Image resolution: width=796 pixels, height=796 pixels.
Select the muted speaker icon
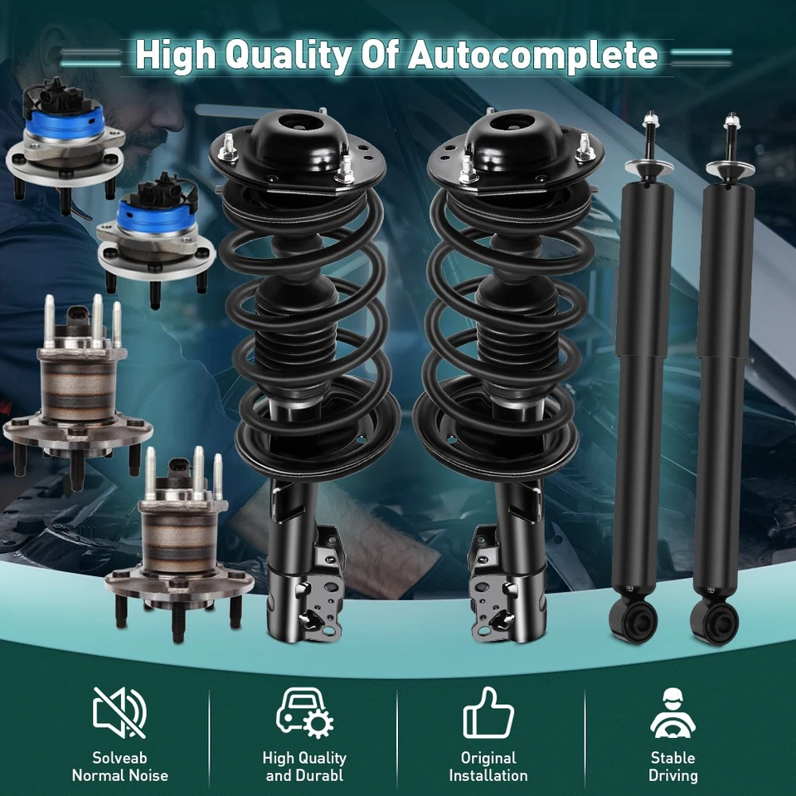(120, 712)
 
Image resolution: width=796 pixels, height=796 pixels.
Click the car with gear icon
(304, 712)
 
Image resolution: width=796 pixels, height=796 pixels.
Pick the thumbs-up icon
(488, 712)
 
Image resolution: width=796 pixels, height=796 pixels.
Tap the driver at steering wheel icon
(673, 712)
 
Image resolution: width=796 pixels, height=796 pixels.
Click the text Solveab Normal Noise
(120, 767)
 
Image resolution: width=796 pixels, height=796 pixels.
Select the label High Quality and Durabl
(304, 767)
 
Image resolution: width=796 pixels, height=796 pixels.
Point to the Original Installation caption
(488, 767)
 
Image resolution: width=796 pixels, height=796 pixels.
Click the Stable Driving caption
(673, 767)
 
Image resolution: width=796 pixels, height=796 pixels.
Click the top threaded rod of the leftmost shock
(648, 133)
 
